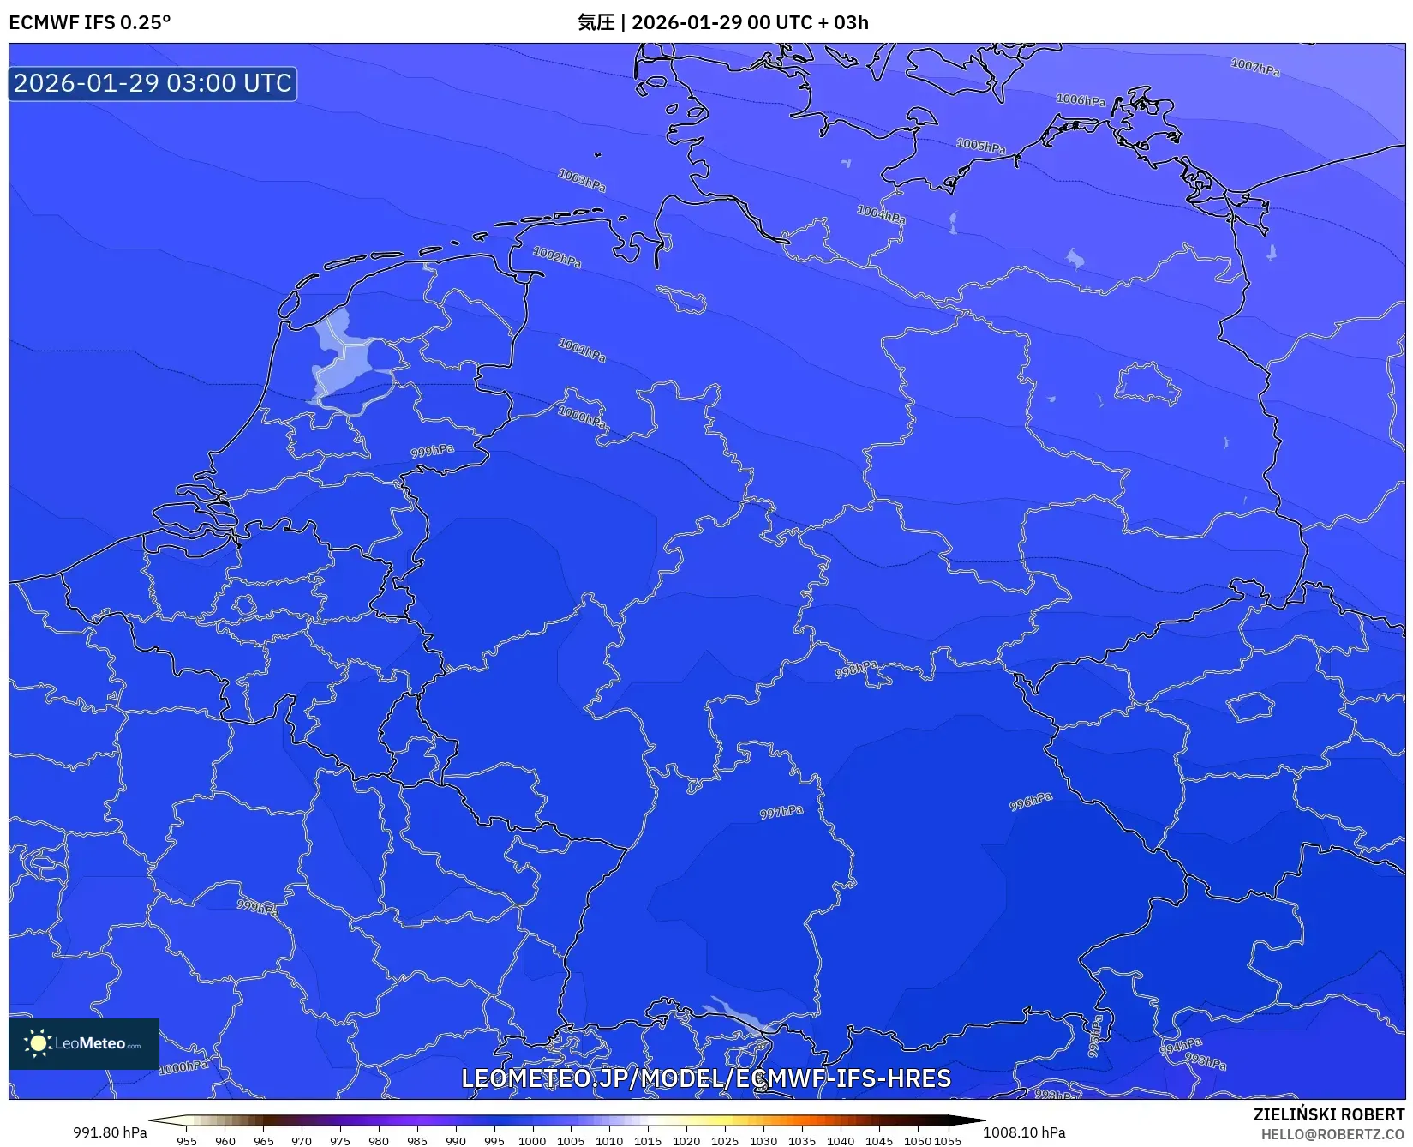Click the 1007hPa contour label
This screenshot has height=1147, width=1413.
click(x=1255, y=67)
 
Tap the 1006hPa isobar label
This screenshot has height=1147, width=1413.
click(x=1080, y=100)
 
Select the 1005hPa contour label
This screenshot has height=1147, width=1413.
click(x=980, y=146)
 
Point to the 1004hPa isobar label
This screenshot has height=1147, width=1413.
click(x=881, y=213)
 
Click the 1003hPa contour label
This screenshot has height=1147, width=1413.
click(x=582, y=180)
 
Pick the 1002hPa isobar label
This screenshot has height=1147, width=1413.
click(x=557, y=256)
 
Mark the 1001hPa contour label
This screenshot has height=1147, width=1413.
click(x=582, y=350)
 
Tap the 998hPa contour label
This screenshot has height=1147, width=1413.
click(x=856, y=669)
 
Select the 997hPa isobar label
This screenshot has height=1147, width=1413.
click(x=781, y=812)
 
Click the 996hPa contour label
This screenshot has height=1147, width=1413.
click(x=1030, y=802)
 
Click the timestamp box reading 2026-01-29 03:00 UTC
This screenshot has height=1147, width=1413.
click(x=153, y=83)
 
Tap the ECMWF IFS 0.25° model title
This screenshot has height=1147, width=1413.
click(x=90, y=22)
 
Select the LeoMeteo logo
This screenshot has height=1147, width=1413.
click(x=84, y=1043)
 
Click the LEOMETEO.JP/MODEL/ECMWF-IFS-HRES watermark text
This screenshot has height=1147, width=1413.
click(x=706, y=1078)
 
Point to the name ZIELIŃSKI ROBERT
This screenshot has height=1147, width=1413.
click(x=1329, y=1114)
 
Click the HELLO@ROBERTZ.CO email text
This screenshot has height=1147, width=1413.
click(x=1332, y=1134)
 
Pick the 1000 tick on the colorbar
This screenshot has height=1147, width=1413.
click(x=532, y=1140)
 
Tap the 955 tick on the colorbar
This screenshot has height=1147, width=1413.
click(x=187, y=1140)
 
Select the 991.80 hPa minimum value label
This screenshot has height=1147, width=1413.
click(x=110, y=1132)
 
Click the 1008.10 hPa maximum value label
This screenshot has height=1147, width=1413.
click(x=1024, y=1132)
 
